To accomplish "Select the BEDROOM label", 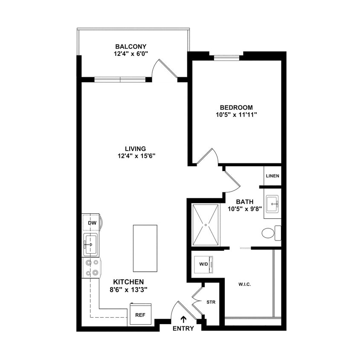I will coord(236,107).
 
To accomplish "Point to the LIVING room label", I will coord(135,148).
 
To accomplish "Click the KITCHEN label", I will coord(128,282).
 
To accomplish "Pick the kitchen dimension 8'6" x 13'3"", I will coord(128,290).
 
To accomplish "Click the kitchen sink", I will coord(90,244).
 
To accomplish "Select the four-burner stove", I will coord(92,268).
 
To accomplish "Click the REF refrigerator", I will coord(140,315).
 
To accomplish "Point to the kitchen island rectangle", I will coord(145,248).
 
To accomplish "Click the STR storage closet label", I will coord(211,302).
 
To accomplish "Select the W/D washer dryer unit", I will coord(204,263).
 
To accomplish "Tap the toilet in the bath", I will coord(268,233).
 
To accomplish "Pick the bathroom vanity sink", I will coord(272,204).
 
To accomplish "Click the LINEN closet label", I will coord(272,176).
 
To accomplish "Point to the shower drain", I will coord(206,225).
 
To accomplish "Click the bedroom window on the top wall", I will coord(226,58).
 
